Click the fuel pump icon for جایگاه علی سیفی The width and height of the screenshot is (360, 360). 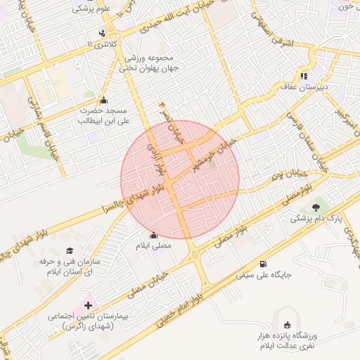(x=263, y=264)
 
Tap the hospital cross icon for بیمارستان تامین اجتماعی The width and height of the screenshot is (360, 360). (x=88, y=305)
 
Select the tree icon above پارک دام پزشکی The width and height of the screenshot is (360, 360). (x=316, y=206)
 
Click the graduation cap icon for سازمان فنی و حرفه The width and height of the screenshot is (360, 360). (x=70, y=250)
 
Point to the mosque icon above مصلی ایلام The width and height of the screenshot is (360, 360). (x=154, y=236)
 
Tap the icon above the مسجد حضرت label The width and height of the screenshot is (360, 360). (x=105, y=99)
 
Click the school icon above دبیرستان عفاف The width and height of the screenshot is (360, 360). (x=304, y=76)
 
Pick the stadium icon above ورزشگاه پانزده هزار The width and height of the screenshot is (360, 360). (x=286, y=324)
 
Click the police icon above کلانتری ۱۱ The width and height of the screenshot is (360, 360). (x=104, y=33)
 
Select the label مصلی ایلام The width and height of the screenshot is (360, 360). (x=153, y=247)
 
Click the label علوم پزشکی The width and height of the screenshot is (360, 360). (x=94, y=9)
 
